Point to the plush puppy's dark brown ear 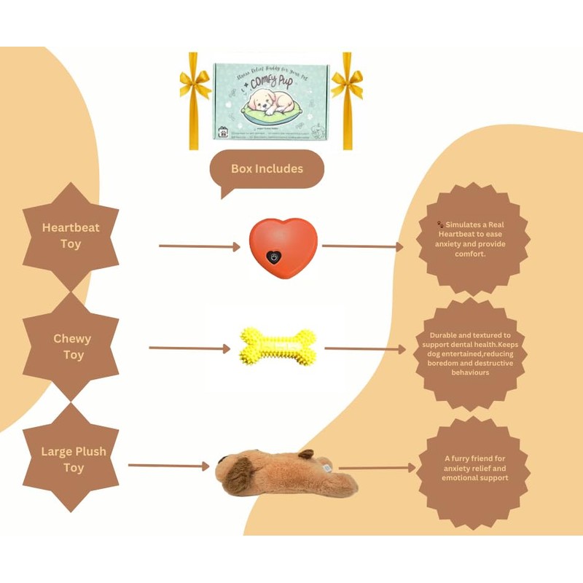tap(238, 474)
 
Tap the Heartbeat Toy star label tap(71, 236)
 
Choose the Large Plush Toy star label tap(73, 460)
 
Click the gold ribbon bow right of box tap(346, 85)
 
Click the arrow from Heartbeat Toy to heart tap(199, 247)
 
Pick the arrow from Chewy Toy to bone tap(189, 348)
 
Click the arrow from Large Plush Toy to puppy tap(168, 466)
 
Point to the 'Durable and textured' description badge tap(470, 353)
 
